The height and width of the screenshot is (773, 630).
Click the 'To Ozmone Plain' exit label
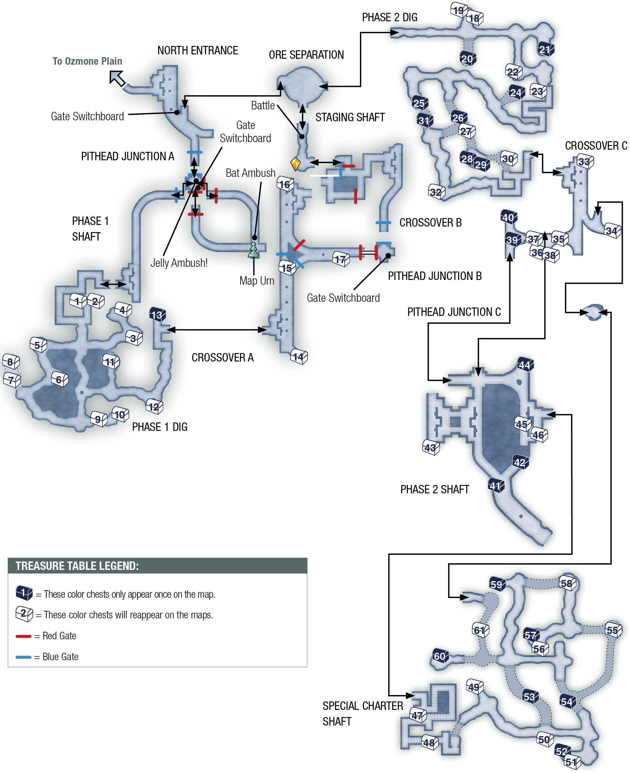point(87,61)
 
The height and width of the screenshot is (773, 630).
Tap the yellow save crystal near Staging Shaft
point(296,164)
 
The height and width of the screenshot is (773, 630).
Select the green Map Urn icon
point(253,250)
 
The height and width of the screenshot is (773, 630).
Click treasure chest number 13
point(157,315)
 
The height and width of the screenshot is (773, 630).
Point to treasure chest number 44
point(525,365)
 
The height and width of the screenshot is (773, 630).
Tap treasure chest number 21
point(545,49)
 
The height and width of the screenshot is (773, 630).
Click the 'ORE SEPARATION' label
point(306,55)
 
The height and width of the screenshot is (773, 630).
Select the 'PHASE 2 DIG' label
point(390,17)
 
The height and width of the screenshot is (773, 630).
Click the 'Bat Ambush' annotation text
point(250,173)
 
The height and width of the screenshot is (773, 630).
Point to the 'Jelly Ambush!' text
point(179,263)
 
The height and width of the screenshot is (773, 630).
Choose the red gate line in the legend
point(23,636)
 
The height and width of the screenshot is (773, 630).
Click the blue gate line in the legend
point(23,657)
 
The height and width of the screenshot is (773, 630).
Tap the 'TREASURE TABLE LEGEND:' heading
point(77,566)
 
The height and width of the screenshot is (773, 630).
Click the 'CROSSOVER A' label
point(222,358)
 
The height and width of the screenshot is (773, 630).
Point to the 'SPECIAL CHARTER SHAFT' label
point(363,714)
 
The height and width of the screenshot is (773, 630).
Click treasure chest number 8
point(11,362)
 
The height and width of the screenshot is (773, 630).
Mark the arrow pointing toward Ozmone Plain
point(117,78)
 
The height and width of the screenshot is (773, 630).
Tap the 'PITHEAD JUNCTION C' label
point(454,312)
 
